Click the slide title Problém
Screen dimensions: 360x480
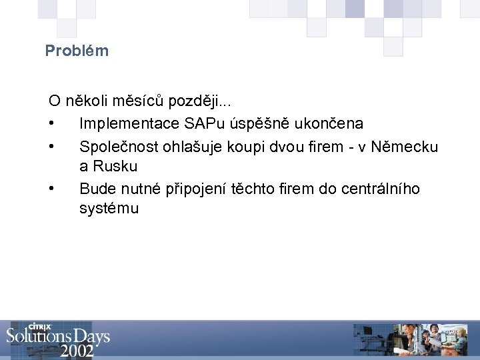(x=77, y=51)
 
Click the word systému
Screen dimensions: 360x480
(x=109, y=209)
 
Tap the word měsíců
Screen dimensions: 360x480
(x=138, y=102)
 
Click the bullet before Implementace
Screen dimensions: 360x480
(x=51, y=125)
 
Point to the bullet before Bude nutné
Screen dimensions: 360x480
(x=51, y=189)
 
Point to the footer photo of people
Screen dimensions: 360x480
(x=427, y=340)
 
